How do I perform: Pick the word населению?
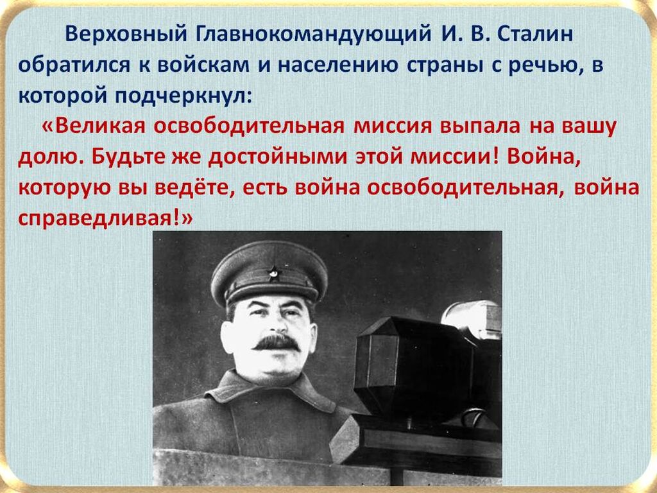337,66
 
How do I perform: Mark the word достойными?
277,158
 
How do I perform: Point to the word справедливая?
95,219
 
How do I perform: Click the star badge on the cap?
273,273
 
